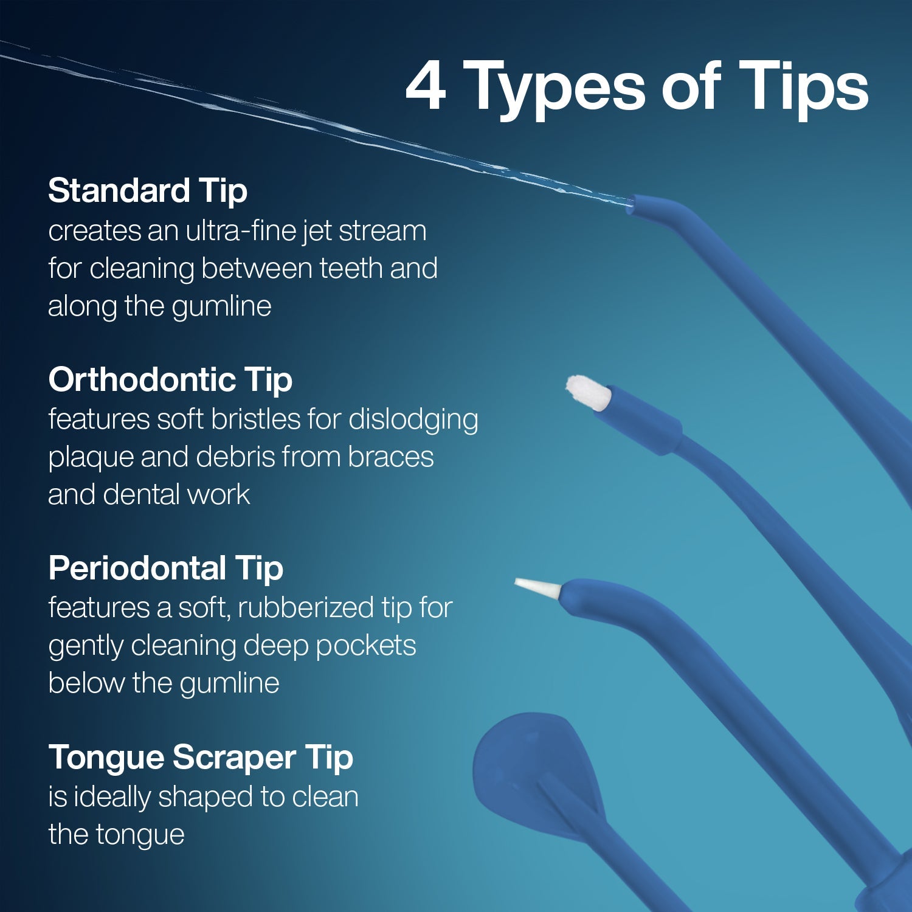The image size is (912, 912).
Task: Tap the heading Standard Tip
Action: point(148,190)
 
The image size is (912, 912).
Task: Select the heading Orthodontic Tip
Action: point(170,379)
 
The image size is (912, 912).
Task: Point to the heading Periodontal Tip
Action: point(166,568)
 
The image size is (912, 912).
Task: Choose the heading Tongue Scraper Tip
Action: point(201,757)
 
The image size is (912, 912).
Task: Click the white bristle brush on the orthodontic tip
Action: point(588,393)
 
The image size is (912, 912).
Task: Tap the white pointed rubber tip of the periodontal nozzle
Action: point(538,587)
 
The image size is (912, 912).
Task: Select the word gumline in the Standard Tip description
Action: point(221,306)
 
